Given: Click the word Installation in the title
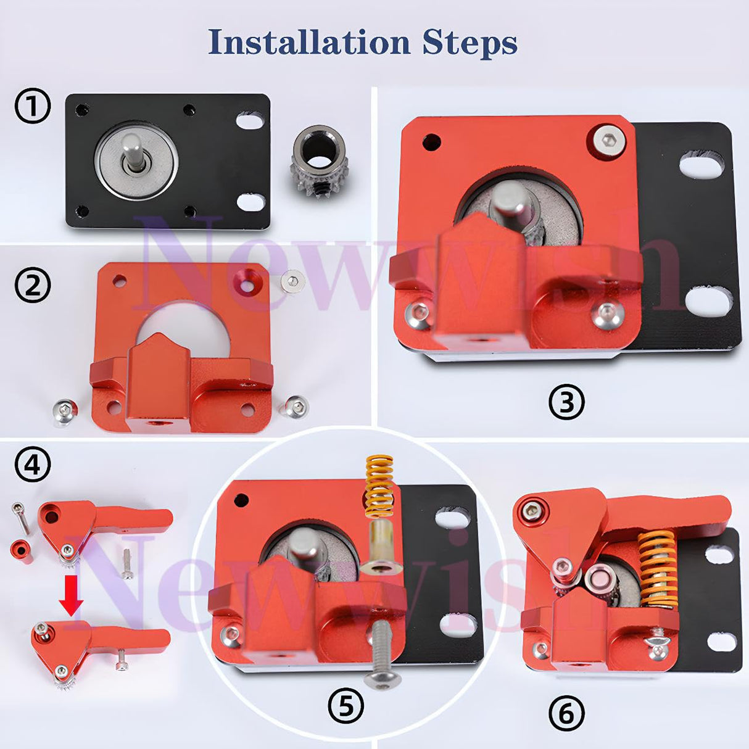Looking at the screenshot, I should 308,42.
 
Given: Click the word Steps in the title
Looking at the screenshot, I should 470,43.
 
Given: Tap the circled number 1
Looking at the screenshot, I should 32,107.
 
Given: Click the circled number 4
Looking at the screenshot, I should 32,465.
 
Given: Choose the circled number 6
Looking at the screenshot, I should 566,714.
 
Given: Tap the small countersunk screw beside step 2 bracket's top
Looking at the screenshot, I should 293,281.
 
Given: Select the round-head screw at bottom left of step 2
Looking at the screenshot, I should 64,411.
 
